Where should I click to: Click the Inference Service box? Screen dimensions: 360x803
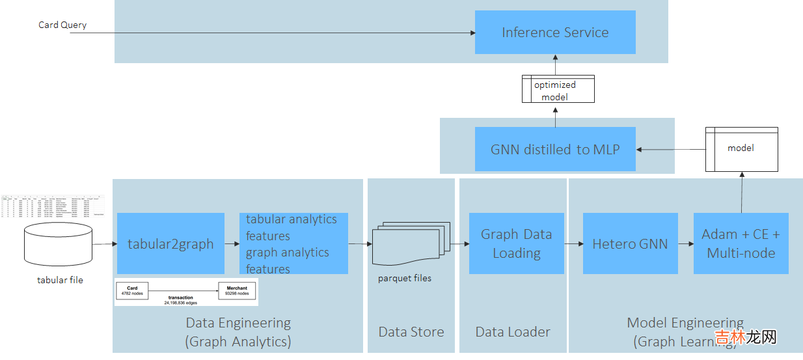tap(555, 33)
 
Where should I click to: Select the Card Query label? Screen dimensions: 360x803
tap(62, 25)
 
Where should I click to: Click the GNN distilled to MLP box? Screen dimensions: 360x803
tap(555, 149)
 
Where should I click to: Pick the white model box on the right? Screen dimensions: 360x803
tap(741, 149)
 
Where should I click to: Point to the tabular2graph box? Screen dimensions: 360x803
tap(170, 244)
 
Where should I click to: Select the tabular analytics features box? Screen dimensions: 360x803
tap(293, 244)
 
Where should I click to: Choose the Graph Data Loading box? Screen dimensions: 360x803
tap(517, 244)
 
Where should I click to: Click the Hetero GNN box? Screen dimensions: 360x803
tap(630, 244)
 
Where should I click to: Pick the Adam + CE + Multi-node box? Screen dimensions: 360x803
tap(741, 244)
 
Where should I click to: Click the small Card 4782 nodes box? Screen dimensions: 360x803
tap(132, 290)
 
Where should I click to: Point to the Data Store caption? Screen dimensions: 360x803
tap(411, 332)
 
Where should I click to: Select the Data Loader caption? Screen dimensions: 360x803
tap(513, 332)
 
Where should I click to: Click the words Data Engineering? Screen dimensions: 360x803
tap(238, 323)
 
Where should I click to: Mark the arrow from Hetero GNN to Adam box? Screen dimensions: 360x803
tap(685, 244)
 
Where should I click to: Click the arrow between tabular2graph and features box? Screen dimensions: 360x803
tap(232, 244)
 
